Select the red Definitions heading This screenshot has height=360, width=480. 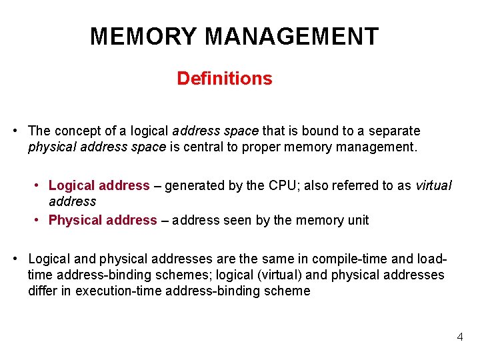[x=225, y=79]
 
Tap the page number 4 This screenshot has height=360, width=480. [x=460, y=337]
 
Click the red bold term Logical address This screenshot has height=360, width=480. [x=99, y=185]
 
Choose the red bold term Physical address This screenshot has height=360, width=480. [x=103, y=220]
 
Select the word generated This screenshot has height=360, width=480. [x=195, y=185]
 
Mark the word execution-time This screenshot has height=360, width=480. [x=118, y=291]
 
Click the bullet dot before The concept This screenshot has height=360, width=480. [x=15, y=131]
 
